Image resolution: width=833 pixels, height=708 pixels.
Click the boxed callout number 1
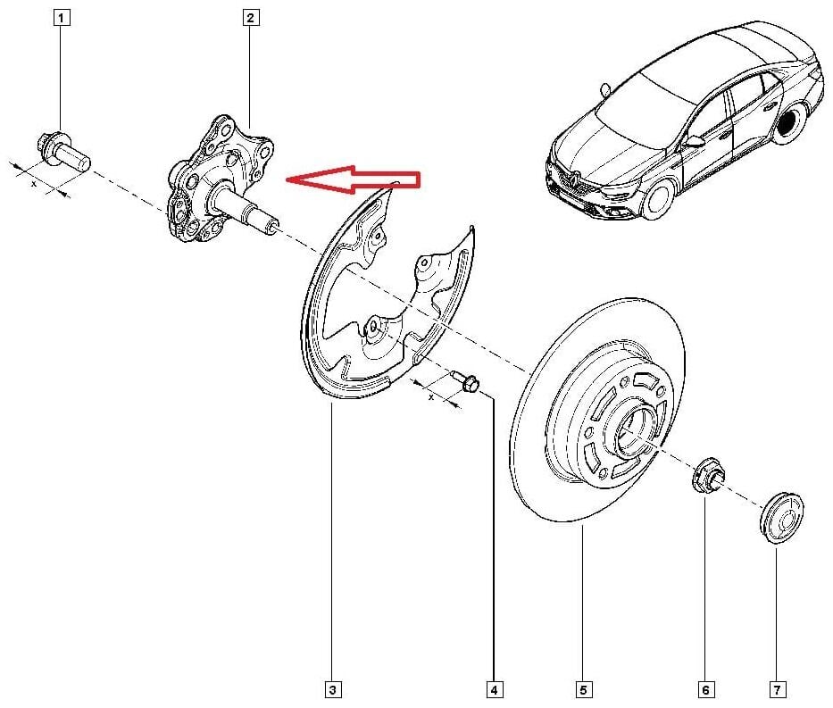pos(61,18)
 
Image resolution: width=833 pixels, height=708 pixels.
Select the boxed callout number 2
pos(250,18)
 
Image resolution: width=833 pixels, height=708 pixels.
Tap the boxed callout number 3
pos(332,690)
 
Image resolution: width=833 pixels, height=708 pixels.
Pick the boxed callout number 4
pos(494,690)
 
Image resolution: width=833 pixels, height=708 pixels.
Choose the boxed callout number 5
pos(583,690)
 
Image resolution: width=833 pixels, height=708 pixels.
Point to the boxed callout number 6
pos(705,690)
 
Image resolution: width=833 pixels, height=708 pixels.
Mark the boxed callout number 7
pos(777,690)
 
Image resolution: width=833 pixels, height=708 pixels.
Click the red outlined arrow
pos(353,179)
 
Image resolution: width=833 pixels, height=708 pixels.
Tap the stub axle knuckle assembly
pos(221,180)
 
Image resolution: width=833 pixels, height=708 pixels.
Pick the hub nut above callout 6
pos(707,473)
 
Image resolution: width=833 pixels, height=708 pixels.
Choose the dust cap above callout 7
pos(781,517)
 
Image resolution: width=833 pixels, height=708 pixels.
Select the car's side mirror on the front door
pos(695,141)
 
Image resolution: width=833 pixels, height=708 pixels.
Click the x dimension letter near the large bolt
pos(34,184)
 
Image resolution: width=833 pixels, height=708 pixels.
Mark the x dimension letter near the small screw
pos(431,396)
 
